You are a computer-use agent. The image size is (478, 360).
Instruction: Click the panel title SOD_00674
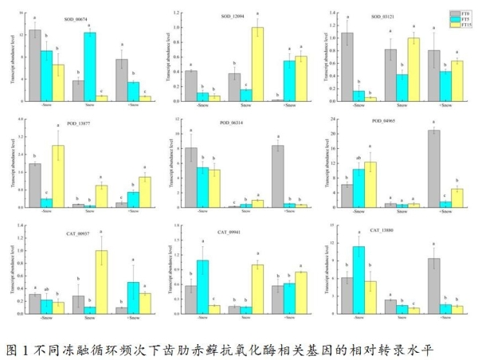[76, 16]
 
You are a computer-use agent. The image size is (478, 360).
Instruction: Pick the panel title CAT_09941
[231, 233]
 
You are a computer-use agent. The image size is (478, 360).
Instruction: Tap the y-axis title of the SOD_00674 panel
[11, 57]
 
